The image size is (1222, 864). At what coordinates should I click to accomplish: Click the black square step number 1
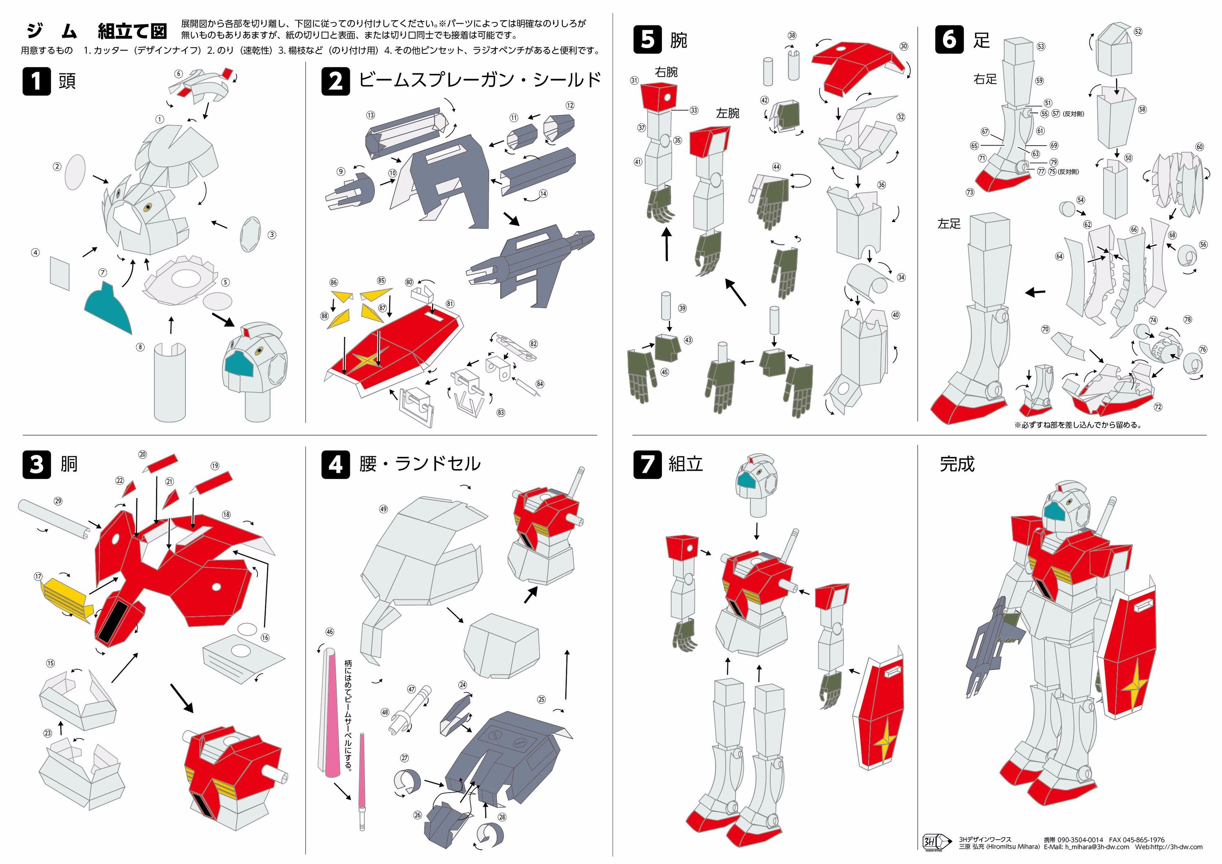coord(36,81)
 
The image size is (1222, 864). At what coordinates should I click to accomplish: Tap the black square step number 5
coord(647,40)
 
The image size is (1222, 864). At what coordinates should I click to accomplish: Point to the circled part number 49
coord(383,509)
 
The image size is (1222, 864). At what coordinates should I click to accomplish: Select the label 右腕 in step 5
coord(666,72)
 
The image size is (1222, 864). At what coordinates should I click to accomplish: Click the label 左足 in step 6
coord(949,224)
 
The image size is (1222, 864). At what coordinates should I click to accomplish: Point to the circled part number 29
coord(58,501)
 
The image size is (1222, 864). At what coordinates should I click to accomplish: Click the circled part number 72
coord(1158,407)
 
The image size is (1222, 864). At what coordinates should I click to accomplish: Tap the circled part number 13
coord(370,115)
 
